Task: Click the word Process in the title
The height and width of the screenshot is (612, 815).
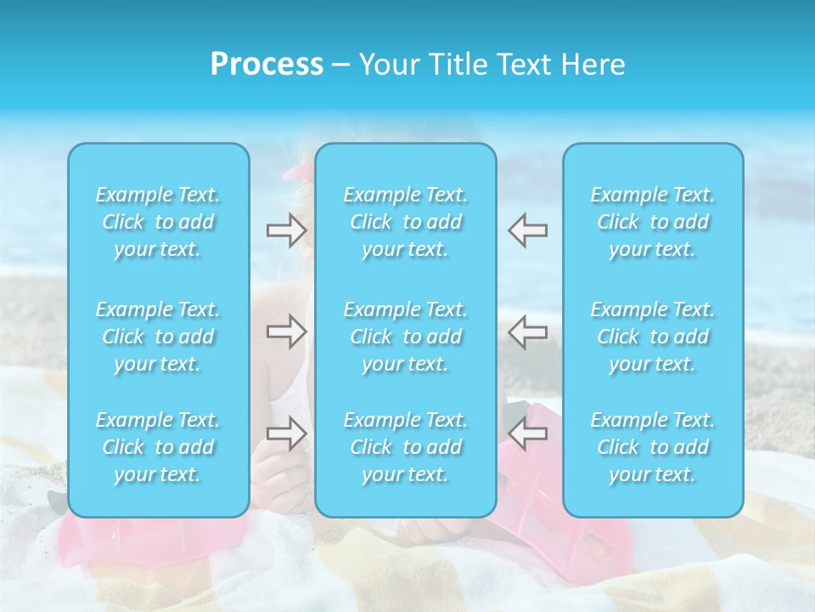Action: (267, 65)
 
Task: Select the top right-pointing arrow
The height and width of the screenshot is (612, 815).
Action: (286, 230)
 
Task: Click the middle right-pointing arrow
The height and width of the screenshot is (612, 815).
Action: (286, 331)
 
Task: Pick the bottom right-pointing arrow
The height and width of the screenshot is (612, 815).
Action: (286, 433)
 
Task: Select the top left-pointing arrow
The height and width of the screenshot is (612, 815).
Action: (527, 230)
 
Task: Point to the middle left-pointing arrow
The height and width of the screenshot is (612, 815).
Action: (527, 331)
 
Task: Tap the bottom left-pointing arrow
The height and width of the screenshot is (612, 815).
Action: (527, 433)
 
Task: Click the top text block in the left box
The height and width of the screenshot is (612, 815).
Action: (158, 222)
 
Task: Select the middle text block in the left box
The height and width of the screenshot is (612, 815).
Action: (158, 337)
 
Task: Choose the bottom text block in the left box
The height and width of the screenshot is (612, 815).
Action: (158, 447)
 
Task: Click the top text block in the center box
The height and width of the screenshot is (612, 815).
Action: (405, 222)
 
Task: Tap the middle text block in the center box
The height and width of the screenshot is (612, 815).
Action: (405, 337)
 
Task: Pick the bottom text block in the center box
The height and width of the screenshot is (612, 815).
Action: (405, 447)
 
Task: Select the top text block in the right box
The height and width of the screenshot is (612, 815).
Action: (652, 222)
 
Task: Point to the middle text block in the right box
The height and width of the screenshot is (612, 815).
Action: (652, 337)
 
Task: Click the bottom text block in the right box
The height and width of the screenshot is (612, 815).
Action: (652, 447)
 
